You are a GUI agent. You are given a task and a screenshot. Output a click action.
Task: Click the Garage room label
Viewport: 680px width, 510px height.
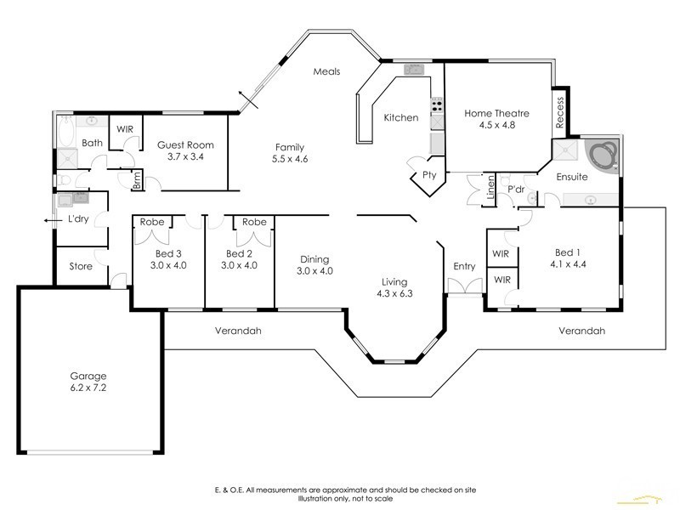pyautogui.click(x=88, y=376)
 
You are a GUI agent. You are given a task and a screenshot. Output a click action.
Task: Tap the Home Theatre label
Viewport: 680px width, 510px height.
pyautogui.click(x=496, y=113)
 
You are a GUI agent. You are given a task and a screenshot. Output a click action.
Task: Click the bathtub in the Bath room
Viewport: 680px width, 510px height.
pyautogui.click(x=67, y=131)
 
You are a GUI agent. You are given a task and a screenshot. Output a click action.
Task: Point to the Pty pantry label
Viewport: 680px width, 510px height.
pyautogui.click(x=429, y=175)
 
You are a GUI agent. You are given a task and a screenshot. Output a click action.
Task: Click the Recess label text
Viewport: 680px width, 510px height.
pyautogui.click(x=559, y=112)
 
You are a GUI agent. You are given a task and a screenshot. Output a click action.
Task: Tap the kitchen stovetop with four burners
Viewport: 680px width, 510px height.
pyautogui.click(x=437, y=104)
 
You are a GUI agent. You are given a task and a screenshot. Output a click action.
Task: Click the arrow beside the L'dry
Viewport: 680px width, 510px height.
pyautogui.click(x=51, y=220)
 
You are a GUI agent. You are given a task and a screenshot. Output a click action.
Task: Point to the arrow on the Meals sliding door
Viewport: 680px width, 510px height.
pyautogui.click(x=248, y=99)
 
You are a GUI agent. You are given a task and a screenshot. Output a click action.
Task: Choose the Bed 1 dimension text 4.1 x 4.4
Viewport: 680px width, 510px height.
pyautogui.click(x=568, y=264)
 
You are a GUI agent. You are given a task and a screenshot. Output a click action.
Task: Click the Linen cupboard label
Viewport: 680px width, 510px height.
pyautogui.click(x=490, y=187)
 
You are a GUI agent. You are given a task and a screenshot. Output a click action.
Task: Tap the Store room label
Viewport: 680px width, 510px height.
pyautogui.click(x=81, y=266)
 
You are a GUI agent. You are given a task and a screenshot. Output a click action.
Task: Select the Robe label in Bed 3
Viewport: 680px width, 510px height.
pyautogui.click(x=152, y=222)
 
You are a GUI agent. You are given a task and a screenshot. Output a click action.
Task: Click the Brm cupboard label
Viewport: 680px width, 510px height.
pyautogui.click(x=137, y=179)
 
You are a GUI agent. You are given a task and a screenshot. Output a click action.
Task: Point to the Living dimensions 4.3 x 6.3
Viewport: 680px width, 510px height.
pyautogui.click(x=394, y=293)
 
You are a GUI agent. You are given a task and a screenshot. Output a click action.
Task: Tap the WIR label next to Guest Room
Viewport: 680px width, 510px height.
pyautogui.click(x=125, y=129)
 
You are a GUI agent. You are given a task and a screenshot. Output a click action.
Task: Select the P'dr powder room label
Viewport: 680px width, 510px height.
pyautogui.click(x=516, y=190)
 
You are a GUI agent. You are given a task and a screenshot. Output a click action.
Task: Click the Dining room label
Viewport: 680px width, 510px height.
pyautogui.click(x=314, y=259)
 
